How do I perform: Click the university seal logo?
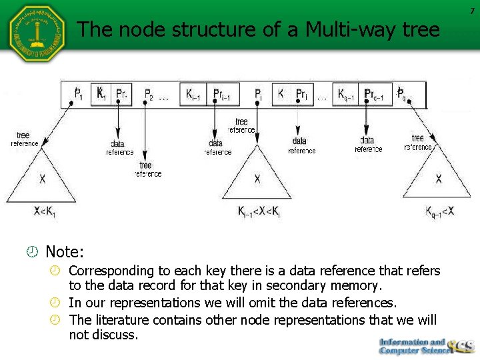click(x=37, y=33)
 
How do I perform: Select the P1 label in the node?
click(x=79, y=94)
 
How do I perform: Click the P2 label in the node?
click(x=149, y=94)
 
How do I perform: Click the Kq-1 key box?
click(x=345, y=94)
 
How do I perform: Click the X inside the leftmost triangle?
click(x=43, y=179)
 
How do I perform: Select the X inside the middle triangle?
click(x=257, y=179)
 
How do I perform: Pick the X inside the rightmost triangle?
click(x=438, y=179)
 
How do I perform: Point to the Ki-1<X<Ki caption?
click(x=259, y=211)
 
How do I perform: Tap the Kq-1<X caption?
click(x=439, y=211)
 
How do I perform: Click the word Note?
click(x=64, y=252)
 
